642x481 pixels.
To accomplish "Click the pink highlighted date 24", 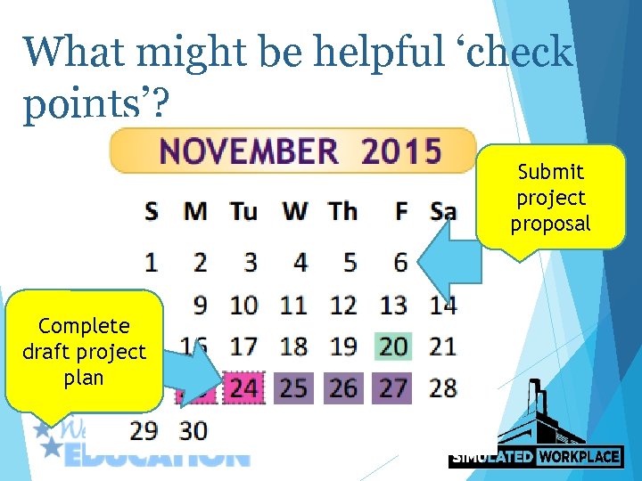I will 243,388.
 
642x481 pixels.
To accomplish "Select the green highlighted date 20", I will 393,346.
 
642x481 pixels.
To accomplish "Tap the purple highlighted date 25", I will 293,388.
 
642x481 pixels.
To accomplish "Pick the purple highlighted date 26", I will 343,388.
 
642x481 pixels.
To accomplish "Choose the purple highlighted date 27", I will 393,388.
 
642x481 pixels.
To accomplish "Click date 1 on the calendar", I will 152,263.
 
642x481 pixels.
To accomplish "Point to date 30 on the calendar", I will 194,431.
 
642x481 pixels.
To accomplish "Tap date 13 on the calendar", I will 393,306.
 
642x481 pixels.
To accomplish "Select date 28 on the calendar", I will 443,388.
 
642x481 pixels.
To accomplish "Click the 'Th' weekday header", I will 342,212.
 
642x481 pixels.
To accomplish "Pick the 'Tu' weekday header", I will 243,212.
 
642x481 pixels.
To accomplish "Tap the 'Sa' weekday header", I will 443,212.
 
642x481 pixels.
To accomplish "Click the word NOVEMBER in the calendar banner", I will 249,151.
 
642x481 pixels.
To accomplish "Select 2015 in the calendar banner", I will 401,151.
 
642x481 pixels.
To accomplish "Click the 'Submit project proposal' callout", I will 550,198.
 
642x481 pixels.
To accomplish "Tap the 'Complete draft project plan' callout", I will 84,352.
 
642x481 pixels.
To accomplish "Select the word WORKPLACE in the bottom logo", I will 578,457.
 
